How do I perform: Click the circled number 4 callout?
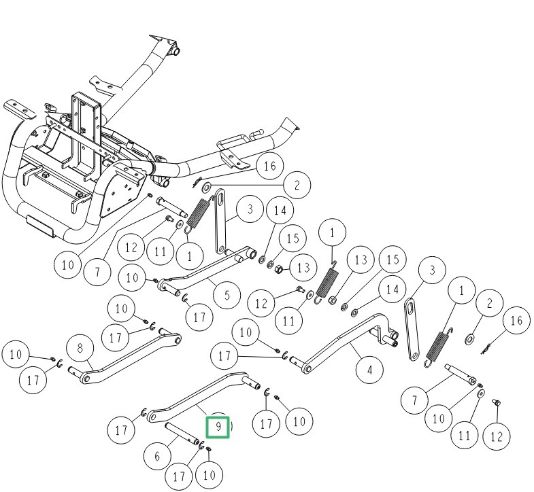370,370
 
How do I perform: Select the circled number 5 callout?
227,295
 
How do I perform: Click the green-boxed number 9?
218,427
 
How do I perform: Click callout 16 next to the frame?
269,166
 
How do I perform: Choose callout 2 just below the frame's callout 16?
297,184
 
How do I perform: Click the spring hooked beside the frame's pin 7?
198,213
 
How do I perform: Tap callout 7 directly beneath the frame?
97,272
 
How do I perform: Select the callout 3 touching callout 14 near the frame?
250,209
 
